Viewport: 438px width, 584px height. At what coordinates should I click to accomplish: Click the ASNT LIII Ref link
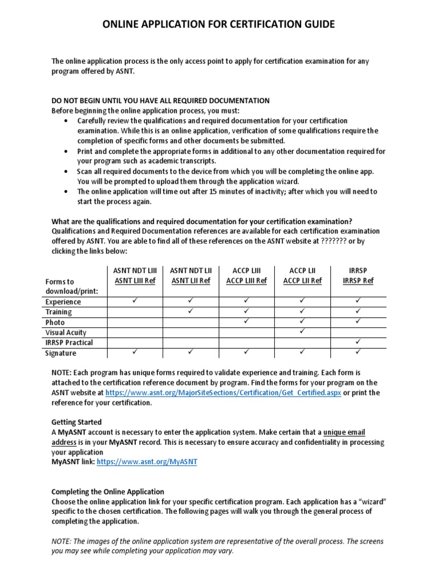tap(135, 281)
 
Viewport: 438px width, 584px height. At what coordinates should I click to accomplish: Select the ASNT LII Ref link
tap(190, 281)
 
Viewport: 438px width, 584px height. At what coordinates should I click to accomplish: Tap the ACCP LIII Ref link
tap(246, 281)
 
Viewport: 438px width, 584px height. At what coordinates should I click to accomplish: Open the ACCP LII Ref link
tap(302, 281)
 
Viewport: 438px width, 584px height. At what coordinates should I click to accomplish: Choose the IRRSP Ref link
tap(358, 281)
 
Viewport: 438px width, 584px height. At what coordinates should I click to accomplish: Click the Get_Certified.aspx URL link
tap(224, 393)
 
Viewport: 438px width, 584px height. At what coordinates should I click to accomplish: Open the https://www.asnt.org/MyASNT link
tap(147, 462)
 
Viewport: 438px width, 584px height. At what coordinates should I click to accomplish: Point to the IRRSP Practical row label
tap(69, 343)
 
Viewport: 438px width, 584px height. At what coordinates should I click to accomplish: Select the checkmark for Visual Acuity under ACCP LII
tap(302, 331)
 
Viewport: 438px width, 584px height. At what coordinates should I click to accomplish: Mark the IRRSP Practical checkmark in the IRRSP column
tap(358, 342)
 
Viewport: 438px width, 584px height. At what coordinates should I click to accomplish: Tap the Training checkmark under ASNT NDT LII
tap(190, 311)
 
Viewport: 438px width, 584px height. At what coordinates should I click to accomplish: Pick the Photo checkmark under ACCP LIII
tap(246, 321)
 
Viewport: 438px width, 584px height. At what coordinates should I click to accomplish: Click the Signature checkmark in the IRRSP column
tap(358, 352)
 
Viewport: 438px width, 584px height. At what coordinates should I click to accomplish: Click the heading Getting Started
tap(76, 422)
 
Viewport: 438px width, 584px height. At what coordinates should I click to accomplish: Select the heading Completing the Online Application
tap(108, 492)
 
